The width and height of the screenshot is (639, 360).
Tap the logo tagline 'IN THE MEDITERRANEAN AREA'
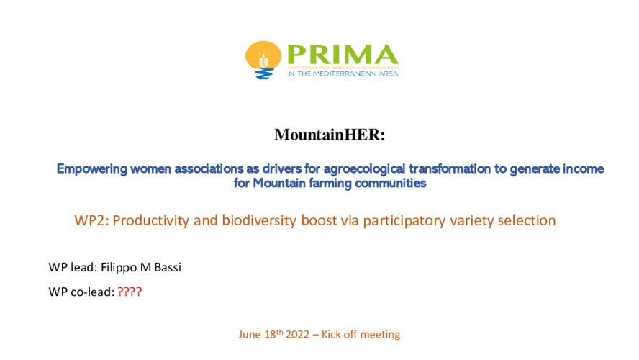[343, 73]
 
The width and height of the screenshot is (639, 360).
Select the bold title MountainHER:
[319, 135]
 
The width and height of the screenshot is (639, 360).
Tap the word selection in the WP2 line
[530, 221]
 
